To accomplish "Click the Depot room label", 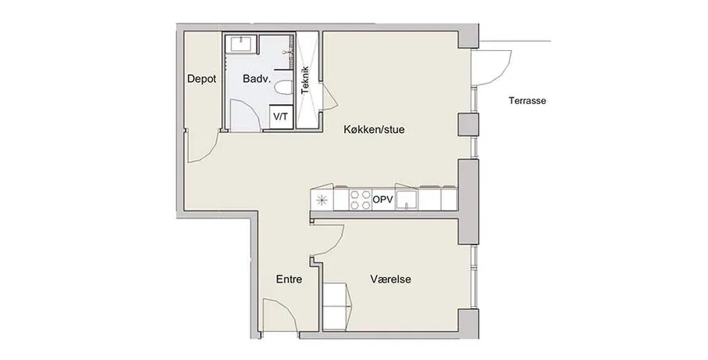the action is click(x=202, y=78).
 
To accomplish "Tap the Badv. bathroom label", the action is click(x=257, y=78).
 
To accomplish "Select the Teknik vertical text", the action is click(x=305, y=81).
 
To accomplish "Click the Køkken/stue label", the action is click(x=374, y=130).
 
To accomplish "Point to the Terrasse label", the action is click(x=527, y=101).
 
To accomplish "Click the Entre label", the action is click(x=289, y=279).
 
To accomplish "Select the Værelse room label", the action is click(x=390, y=279).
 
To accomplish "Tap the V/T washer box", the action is click(x=281, y=117).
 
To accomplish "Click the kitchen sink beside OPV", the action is click(x=407, y=200).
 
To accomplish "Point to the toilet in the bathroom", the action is click(x=283, y=88).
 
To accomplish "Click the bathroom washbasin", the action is click(x=243, y=45).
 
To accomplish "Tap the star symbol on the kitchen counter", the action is click(x=322, y=200).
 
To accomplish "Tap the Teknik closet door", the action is click(x=329, y=97).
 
